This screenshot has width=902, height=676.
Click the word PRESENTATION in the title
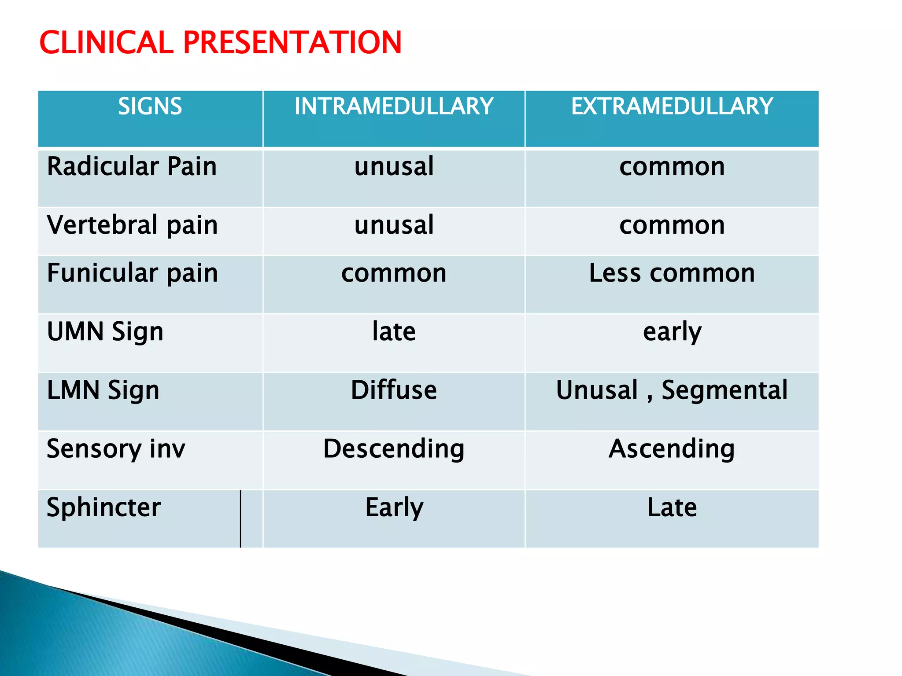tap(292, 43)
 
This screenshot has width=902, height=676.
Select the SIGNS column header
tap(150, 107)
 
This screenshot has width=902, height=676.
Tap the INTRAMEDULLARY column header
tap(394, 107)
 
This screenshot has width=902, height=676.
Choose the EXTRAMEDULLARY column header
tap(672, 107)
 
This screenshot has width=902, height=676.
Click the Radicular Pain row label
tap(132, 167)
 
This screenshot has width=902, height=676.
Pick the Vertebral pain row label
tap(132, 225)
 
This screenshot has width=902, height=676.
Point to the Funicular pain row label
tap(132, 273)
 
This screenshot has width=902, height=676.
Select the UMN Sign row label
tap(105, 332)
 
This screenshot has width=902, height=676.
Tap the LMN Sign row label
tap(103, 390)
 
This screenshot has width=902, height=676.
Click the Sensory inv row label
tap(116, 449)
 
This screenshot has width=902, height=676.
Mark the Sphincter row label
tap(104, 507)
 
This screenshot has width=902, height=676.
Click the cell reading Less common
tap(672, 273)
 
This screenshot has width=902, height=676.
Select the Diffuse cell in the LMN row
tap(394, 390)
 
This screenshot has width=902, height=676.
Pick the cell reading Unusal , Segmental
tap(672, 390)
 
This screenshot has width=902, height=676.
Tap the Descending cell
tap(394, 449)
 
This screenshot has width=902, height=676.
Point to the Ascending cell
tap(672, 449)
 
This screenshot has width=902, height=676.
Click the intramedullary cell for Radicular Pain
tap(394, 167)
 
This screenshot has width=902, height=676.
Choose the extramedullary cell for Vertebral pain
tap(672, 225)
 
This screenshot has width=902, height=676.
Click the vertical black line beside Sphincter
tap(240, 519)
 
